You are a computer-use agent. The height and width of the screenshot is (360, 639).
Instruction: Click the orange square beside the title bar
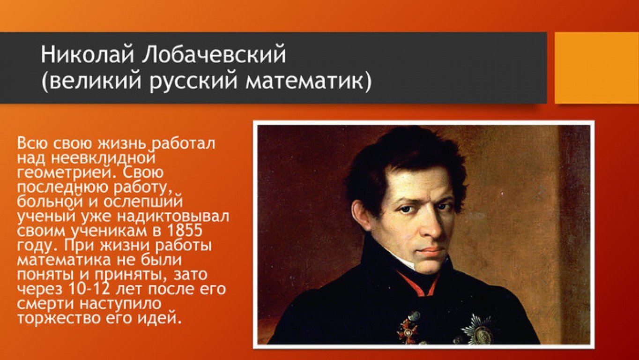(x=597, y=67)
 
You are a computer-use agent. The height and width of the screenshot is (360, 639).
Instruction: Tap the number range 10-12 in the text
(x=89, y=289)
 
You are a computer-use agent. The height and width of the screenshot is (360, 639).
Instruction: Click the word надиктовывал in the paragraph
(x=173, y=216)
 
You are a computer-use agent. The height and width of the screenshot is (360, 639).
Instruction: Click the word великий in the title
(x=96, y=81)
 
